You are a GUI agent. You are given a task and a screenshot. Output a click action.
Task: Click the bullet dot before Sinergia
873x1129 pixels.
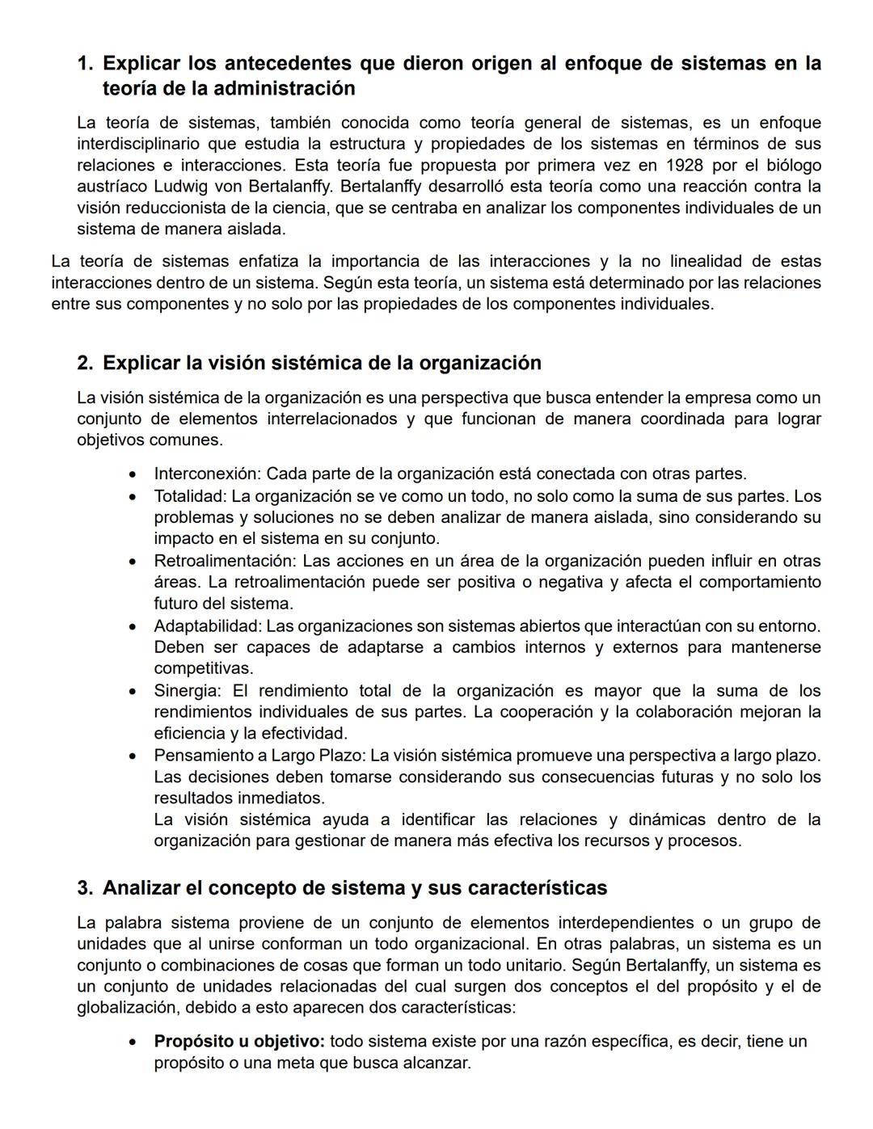(x=133, y=692)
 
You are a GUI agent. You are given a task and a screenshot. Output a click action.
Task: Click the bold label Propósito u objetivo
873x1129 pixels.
(x=239, y=1041)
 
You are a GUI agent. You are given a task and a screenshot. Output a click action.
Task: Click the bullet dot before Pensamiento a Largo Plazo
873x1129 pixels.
(x=133, y=756)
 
